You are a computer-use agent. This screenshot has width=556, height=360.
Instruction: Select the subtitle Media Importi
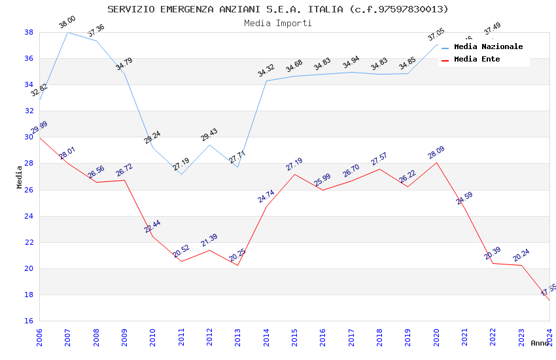[x=278, y=23]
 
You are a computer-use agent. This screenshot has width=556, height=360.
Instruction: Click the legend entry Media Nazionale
[x=488, y=46]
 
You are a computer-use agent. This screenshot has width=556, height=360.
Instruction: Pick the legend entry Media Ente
[x=477, y=59]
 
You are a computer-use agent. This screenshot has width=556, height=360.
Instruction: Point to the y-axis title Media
[x=20, y=177]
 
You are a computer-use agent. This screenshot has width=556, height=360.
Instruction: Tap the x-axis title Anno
[x=540, y=343]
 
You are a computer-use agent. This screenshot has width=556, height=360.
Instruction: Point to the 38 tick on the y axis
[x=29, y=32]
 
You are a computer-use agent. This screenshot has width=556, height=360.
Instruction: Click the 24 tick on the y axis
[x=29, y=216]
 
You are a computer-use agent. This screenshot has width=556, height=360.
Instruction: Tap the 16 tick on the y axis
[x=29, y=321]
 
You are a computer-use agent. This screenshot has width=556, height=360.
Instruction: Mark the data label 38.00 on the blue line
[x=67, y=22]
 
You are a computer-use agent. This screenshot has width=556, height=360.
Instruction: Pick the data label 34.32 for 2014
[x=266, y=71]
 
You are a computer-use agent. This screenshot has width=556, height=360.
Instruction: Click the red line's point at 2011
[x=181, y=261]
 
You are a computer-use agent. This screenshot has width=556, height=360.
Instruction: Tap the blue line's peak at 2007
[x=67, y=32]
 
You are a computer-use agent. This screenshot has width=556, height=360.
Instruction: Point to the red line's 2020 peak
[x=436, y=162]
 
